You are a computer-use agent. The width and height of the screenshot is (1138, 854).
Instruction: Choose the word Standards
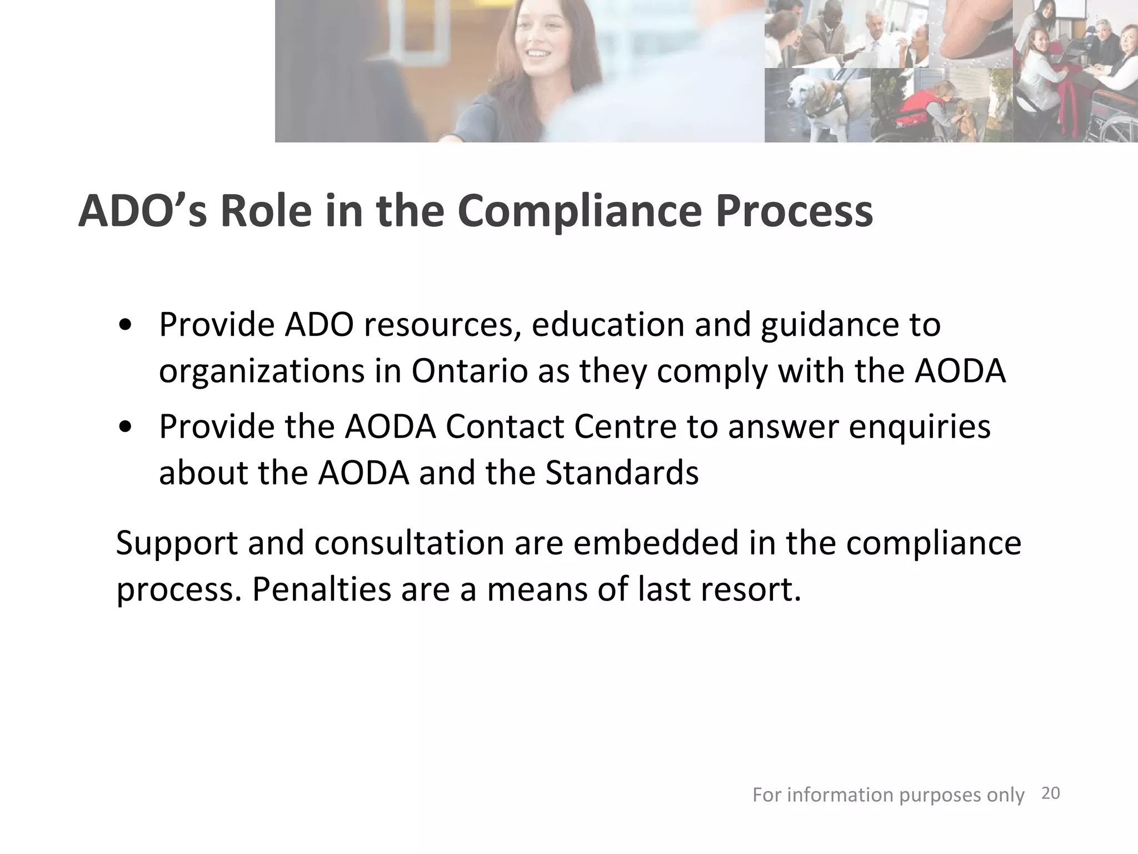(x=622, y=473)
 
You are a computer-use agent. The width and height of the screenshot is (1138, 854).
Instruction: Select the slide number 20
(x=1050, y=793)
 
